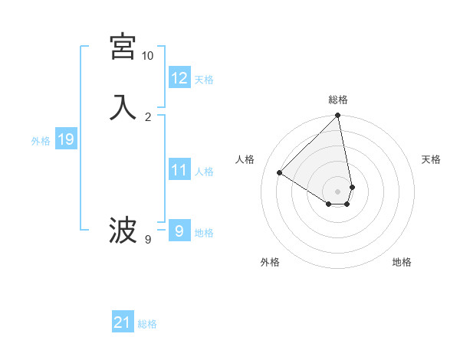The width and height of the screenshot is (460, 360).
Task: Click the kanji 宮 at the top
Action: coord(123,47)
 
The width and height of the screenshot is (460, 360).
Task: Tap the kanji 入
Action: coord(123,107)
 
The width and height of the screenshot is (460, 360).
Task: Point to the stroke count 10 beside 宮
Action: coord(147,56)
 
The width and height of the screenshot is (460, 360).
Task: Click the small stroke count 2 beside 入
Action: coord(148,116)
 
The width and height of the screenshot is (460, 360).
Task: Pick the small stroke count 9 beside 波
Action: coord(148,240)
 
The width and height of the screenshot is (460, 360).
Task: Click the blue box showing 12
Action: coord(179,78)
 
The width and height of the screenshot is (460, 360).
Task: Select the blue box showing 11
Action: coord(179,170)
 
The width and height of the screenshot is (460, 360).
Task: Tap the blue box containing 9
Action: coord(179,230)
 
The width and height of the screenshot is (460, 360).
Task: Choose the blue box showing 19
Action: coord(66,139)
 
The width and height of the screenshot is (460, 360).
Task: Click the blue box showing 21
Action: coord(123,322)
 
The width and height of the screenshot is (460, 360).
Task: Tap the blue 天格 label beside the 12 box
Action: coord(204,80)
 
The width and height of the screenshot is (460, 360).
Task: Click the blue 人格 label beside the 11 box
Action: coord(205,172)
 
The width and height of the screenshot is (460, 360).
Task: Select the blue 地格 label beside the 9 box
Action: coord(205,233)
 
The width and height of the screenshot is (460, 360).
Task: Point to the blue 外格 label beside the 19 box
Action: coord(41,141)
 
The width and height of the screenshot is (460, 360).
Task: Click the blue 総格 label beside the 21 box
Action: coord(147,324)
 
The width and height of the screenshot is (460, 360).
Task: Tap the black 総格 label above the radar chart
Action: coord(338,100)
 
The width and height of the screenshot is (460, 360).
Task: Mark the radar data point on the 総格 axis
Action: coord(338,116)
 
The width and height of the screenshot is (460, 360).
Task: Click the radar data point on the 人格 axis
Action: coord(279,173)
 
